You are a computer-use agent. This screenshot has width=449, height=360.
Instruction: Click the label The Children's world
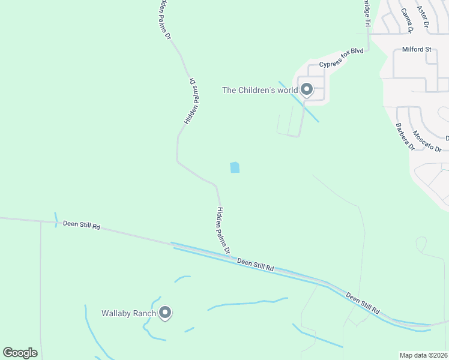(x=259, y=91)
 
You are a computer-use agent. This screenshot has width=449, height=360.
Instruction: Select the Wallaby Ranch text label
(x=128, y=313)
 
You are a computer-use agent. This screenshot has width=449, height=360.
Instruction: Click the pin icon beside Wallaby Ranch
(x=166, y=313)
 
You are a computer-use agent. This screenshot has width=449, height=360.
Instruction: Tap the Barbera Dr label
(x=405, y=137)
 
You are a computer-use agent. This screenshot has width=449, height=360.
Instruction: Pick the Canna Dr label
(x=406, y=20)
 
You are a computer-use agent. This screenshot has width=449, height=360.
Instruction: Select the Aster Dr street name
(x=423, y=17)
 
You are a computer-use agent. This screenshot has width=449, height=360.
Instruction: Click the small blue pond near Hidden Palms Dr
(x=235, y=167)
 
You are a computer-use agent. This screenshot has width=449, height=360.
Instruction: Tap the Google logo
(x=20, y=353)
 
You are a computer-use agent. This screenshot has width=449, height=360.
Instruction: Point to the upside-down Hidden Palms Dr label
(x=193, y=101)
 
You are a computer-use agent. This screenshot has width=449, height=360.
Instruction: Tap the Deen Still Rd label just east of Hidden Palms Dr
(x=255, y=265)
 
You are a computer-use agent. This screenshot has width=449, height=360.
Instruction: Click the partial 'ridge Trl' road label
(x=367, y=13)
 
